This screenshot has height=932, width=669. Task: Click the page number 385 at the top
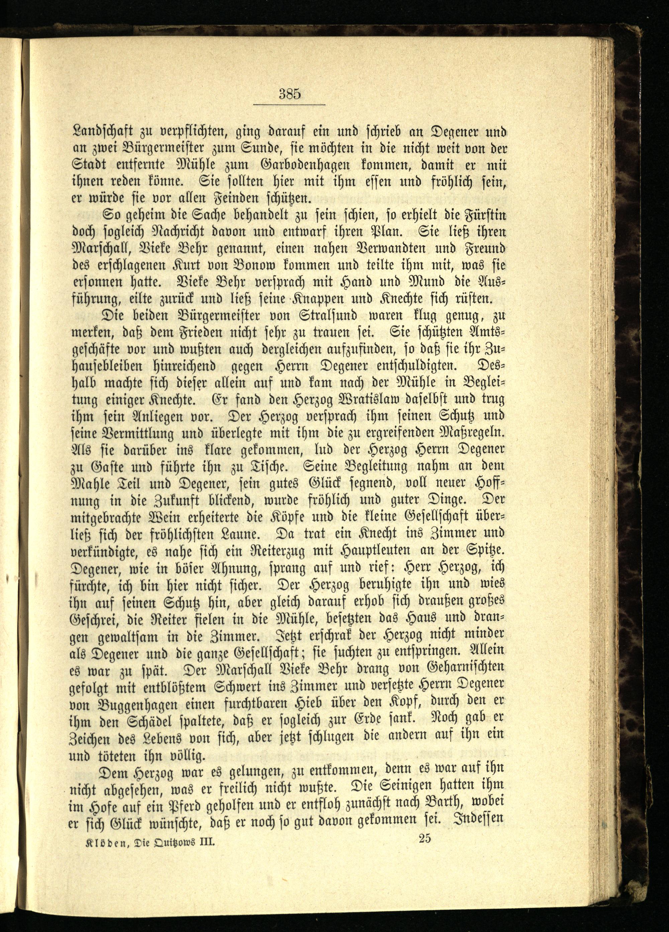pos(290,94)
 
